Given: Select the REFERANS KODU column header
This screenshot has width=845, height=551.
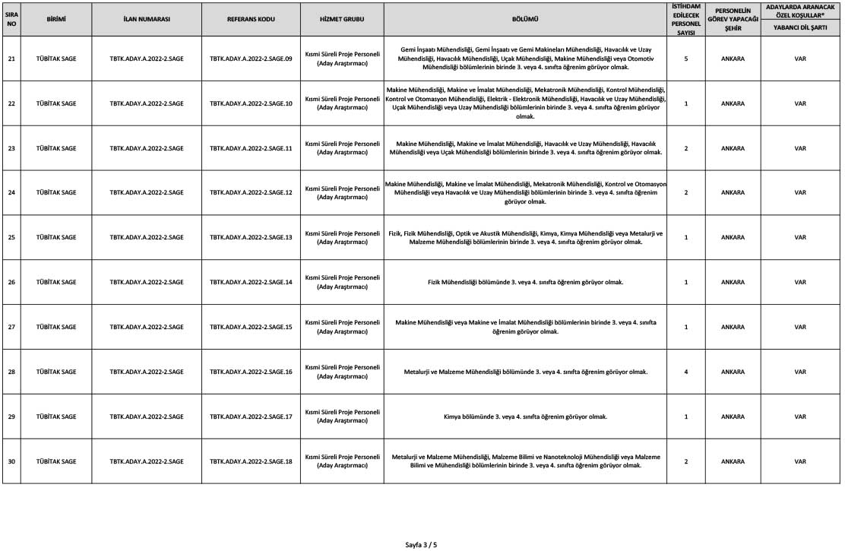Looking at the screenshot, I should point(251,17).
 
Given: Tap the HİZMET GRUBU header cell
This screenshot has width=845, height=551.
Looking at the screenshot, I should point(341,17).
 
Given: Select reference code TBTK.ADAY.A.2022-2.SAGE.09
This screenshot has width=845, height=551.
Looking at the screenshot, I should point(251,58).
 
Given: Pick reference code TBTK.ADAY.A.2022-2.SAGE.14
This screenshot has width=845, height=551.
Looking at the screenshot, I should point(251,282).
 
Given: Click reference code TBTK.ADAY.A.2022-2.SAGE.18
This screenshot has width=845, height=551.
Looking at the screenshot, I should point(251,461).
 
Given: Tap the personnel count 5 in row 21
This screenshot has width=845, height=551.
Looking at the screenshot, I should point(685,58).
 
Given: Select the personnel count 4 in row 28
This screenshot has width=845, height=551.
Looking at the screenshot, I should point(685,372).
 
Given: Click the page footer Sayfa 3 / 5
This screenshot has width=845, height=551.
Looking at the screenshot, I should point(422,544).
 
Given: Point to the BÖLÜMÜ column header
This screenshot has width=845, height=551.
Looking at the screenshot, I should point(525,17).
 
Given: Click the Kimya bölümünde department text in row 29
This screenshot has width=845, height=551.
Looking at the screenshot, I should point(525,416).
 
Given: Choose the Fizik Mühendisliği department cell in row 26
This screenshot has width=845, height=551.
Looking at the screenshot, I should point(525,282).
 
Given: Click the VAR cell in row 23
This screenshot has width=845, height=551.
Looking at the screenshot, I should point(799,147).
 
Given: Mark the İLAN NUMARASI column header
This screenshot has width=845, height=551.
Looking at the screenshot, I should point(147,17).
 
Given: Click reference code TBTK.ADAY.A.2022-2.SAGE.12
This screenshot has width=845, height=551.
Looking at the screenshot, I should point(251,192).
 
